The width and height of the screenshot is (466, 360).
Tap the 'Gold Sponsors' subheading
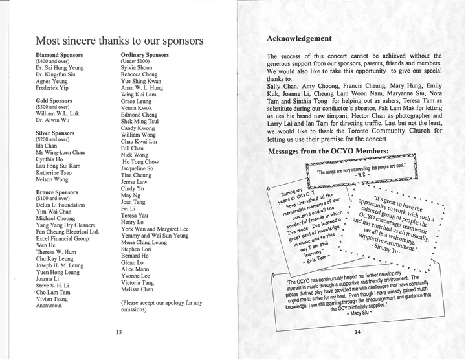click(54, 101)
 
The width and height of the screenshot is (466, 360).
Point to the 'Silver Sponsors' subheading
click(56, 133)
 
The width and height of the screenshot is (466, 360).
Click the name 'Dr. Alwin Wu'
click(53, 120)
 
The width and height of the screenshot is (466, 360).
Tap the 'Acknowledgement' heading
click(299, 39)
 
